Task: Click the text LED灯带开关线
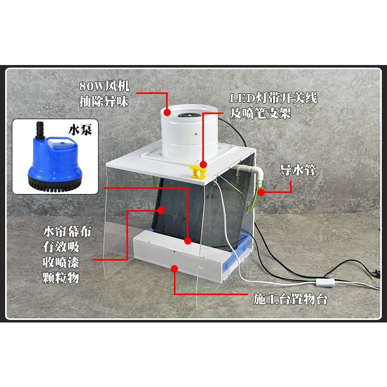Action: [x=273, y=98]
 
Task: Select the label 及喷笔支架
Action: [x=261, y=113]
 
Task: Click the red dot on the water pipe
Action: [x=262, y=192]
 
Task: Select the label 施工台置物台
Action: [x=291, y=299]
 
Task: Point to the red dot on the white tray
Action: [x=175, y=268]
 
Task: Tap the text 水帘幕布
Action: [x=68, y=232]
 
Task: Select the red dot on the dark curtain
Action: [x=162, y=211]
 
